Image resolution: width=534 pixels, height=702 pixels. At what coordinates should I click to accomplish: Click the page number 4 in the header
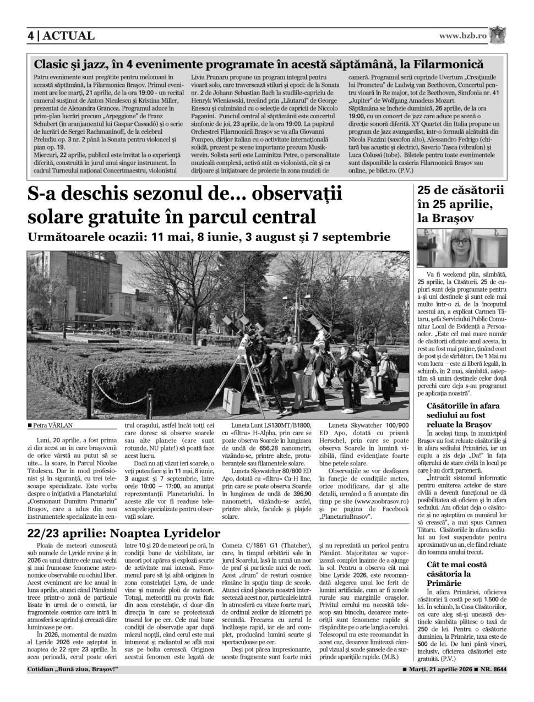pyautogui.click(x=31, y=36)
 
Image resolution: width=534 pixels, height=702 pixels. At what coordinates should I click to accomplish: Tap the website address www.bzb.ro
pyautogui.click(x=463, y=36)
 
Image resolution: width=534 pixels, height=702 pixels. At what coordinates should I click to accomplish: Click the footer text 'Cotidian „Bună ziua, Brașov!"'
pyautogui.click(x=73, y=670)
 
